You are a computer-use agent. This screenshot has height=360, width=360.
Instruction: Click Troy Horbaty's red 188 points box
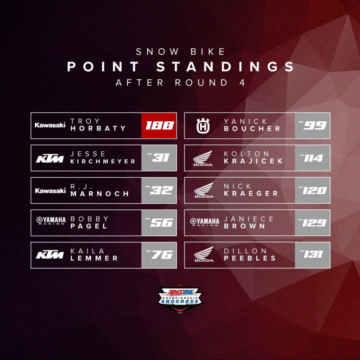159,126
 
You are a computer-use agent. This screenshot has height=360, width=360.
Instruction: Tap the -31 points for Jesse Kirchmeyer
158,157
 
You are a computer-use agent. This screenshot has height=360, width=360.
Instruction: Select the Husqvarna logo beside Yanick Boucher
203,126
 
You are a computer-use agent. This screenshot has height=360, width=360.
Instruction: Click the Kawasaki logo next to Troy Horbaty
50,125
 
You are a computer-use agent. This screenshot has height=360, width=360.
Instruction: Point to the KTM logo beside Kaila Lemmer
50,255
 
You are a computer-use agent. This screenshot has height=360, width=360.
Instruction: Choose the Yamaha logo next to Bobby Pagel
51,220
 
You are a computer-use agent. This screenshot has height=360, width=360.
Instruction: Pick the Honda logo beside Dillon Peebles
204,254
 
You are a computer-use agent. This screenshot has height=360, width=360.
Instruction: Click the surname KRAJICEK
253,161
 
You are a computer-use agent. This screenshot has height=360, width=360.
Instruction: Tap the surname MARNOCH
99,194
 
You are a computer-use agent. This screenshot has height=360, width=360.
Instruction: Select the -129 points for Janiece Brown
312,223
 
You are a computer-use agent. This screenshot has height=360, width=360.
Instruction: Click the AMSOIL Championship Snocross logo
180,299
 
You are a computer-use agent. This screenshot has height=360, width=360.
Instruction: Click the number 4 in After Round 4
242,82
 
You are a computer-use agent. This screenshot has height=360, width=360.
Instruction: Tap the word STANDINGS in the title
225,66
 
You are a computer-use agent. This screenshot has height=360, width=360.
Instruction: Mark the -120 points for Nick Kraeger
313,190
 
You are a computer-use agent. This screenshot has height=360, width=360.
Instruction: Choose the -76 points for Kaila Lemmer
159,255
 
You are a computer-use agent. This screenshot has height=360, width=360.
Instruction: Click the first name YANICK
245,121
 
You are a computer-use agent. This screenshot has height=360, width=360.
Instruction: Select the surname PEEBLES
250,258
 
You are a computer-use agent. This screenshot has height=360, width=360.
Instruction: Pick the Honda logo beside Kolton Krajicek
203,158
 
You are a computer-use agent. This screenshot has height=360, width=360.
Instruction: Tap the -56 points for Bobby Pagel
159,223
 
